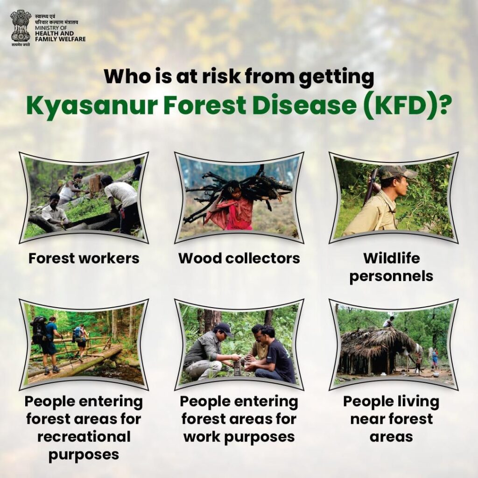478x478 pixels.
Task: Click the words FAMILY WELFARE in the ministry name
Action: [60, 39]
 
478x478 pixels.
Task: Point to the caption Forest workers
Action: [84, 258]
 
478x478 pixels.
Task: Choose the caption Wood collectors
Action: [239, 258]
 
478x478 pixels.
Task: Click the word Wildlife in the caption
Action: [392, 258]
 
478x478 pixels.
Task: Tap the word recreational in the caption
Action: [84, 436]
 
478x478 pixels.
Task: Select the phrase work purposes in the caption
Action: [239, 437]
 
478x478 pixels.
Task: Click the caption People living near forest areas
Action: [392, 419]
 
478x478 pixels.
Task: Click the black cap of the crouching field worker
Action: [224, 328]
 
